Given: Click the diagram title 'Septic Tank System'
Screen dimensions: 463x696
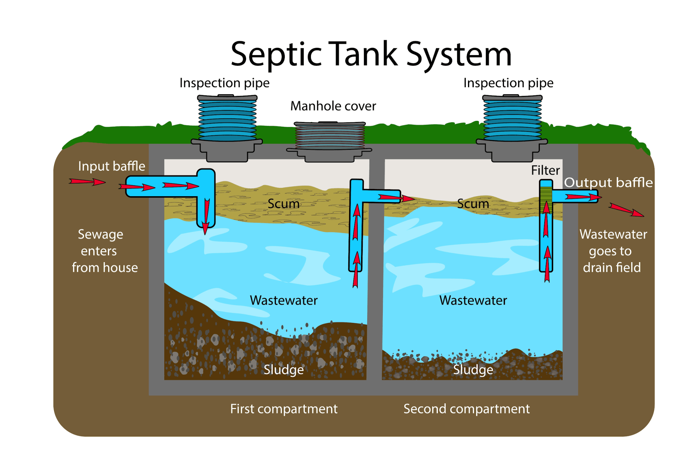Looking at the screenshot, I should tap(371, 54).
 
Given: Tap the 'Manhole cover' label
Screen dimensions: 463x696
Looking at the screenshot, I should tap(333, 106).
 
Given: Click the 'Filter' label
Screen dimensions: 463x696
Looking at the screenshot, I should tap(545, 170).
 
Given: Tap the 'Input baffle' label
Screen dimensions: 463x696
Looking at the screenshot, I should tap(111, 166).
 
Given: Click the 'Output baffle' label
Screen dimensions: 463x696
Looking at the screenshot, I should tap(608, 182).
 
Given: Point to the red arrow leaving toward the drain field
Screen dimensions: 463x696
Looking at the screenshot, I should tap(626, 210).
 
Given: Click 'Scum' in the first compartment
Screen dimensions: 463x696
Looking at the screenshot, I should tap(283, 204).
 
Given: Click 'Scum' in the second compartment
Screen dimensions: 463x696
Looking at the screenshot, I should tap(473, 204).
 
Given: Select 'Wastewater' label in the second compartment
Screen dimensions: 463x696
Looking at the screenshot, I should tap(473, 300).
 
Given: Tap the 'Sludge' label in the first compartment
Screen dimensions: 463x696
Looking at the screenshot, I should tap(283, 370).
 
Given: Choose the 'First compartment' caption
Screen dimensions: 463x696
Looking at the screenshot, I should tap(283, 409).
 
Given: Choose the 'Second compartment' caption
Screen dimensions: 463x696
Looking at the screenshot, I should tap(467, 409).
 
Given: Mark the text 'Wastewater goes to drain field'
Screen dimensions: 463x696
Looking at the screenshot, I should tap(613, 251).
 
